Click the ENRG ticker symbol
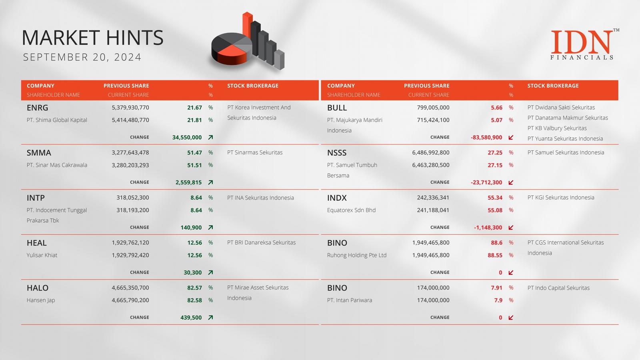point(38,108)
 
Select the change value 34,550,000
point(187,138)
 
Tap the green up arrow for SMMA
point(210,182)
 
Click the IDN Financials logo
point(584,44)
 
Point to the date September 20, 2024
point(82,57)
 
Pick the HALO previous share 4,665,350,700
point(130,288)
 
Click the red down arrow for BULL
point(511,138)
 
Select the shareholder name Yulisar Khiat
point(42,255)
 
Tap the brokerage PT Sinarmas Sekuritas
point(255,152)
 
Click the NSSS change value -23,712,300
point(486,182)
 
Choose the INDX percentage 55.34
point(495,198)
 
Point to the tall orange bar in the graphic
point(247,25)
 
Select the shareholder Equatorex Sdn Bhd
point(352,210)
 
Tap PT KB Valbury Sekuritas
point(557,128)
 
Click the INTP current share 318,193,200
point(132,210)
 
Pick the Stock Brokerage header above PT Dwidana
point(553,86)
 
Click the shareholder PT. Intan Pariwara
point(350,300)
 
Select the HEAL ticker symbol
point(36,243)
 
